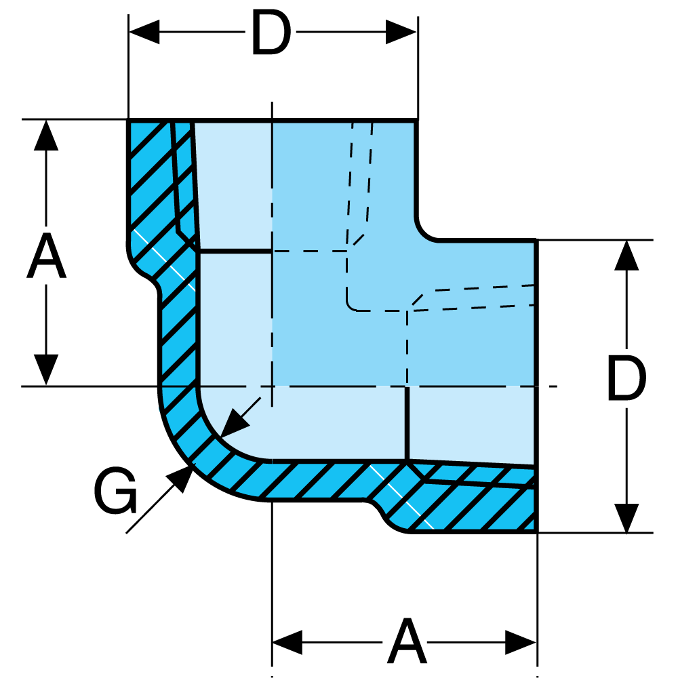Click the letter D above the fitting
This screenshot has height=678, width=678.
[271, 32]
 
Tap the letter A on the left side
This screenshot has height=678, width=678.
[46, 259]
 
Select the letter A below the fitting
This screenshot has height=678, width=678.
[407, 641]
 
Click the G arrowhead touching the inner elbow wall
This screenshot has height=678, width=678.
[234, 424]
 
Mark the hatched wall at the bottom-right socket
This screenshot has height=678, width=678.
[475, 502]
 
